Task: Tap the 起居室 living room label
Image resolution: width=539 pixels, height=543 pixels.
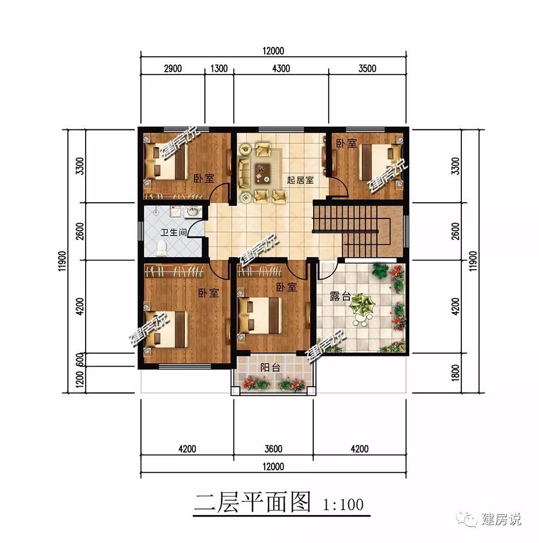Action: (300, 180)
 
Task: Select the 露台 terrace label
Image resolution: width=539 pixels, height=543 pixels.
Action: (340, 297)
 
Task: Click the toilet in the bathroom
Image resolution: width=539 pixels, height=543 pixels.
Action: (161, 248)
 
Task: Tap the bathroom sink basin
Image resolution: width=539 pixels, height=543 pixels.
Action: (192, 212)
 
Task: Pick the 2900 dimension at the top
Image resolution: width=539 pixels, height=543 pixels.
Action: (172, 68)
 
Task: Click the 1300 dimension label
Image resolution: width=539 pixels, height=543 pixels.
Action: (218, 68)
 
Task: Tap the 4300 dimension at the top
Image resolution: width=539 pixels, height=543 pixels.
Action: (280, 68)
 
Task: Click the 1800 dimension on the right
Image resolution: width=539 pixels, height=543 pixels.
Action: (455, 372)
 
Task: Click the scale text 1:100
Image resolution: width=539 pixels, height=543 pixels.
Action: (343, 505)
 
